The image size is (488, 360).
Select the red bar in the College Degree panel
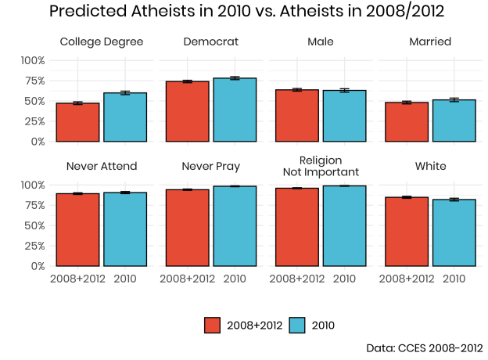click(x=77, y=122)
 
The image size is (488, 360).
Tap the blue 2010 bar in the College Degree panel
click(x=125, y=117)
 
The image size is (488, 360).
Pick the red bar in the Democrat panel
click(x=187, y=111)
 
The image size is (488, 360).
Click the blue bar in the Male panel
click(x=344, y=116)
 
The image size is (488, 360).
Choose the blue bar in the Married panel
click(x=454, y=121)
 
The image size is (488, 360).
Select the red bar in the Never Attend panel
click(x=77, y=229)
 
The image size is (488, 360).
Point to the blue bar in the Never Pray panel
click(x=235, y=226)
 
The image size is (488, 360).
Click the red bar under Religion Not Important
click(x=296, y=227)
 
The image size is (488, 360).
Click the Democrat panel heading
click(x=210, y=41)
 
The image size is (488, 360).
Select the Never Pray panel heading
click(x=210, y=166)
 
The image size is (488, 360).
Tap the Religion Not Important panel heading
click(x=320, y=166)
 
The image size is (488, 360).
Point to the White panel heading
click(x=430, y=166)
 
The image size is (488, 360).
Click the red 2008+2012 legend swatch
click(x=213, y=325)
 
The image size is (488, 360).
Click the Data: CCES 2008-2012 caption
click(x=424, y=347)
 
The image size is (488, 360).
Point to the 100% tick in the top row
click(x=32, y=60)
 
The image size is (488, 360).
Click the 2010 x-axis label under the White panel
click(x=454, y=278)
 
